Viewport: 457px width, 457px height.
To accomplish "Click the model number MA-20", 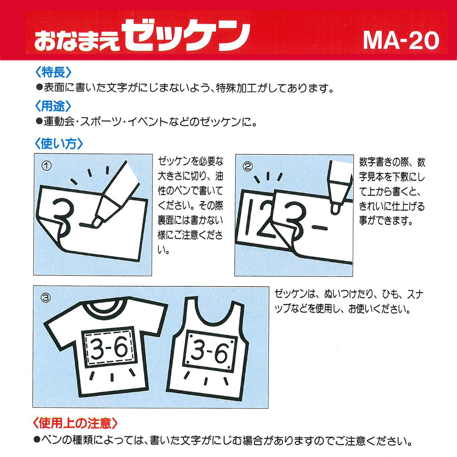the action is click(401, 40).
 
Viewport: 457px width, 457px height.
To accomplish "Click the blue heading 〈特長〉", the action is click(53, 72).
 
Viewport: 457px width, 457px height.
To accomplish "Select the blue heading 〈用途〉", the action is click(53, 106).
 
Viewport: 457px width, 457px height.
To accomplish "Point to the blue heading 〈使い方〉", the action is click(59, 143).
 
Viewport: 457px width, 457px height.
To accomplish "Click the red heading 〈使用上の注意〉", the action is click(75, 423).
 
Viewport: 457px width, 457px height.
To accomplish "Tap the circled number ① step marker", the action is click(47, 166).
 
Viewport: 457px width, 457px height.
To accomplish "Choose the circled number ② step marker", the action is click(247, 166).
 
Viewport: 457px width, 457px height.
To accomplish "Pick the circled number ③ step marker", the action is click(46, 298).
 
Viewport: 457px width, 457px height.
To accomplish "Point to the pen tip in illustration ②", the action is click(335, 210).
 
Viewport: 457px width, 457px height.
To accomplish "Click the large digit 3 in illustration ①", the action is click(63, 215).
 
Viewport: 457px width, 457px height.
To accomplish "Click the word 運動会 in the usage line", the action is click(59, 122).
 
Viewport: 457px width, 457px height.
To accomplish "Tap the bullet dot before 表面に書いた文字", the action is click(39, 88).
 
